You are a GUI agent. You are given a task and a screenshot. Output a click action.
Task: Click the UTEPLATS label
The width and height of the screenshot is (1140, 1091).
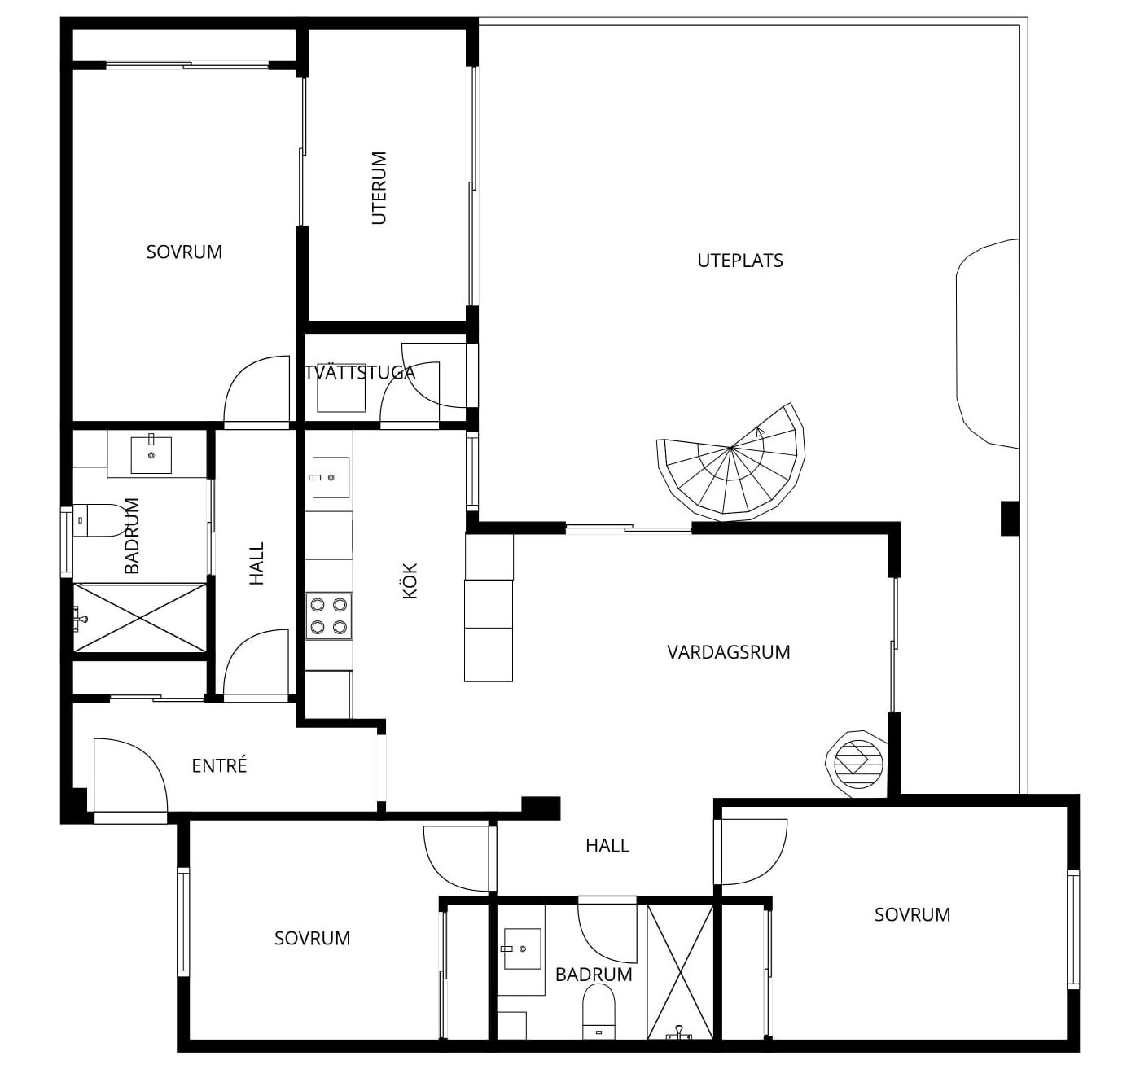740,261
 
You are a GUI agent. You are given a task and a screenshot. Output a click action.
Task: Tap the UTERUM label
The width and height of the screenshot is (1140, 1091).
379,188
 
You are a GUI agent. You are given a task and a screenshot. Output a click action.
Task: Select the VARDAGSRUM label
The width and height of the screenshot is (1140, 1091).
728,652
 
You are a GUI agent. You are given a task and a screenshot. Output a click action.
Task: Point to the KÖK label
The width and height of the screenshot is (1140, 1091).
410,581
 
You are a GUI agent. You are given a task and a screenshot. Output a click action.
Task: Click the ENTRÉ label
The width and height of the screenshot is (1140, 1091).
219,765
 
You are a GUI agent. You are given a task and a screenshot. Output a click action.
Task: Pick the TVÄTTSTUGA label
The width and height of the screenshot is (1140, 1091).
360,372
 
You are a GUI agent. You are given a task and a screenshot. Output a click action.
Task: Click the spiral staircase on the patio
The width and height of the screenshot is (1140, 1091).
730,462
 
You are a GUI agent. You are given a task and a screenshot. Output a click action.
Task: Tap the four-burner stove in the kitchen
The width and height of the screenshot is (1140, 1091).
329,616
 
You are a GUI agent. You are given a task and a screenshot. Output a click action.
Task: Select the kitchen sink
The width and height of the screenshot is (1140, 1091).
331,477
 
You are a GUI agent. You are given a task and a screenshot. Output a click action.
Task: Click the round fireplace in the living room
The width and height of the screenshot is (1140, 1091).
857,764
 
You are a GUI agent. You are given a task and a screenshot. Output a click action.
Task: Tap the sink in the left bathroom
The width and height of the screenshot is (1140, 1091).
151,454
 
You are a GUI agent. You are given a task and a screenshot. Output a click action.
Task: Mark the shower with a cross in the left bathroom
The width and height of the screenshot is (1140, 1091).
139,617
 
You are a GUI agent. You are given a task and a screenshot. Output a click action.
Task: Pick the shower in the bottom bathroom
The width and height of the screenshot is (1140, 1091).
680,971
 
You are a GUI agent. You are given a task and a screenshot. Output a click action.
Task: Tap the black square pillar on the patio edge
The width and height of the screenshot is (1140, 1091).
1010,519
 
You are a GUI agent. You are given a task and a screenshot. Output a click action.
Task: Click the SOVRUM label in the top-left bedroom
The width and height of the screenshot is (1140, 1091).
184,252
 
